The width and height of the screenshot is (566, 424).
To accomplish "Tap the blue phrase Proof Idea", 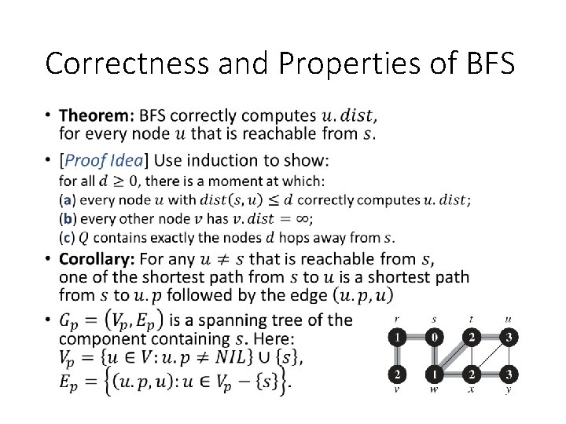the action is [103, 161].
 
